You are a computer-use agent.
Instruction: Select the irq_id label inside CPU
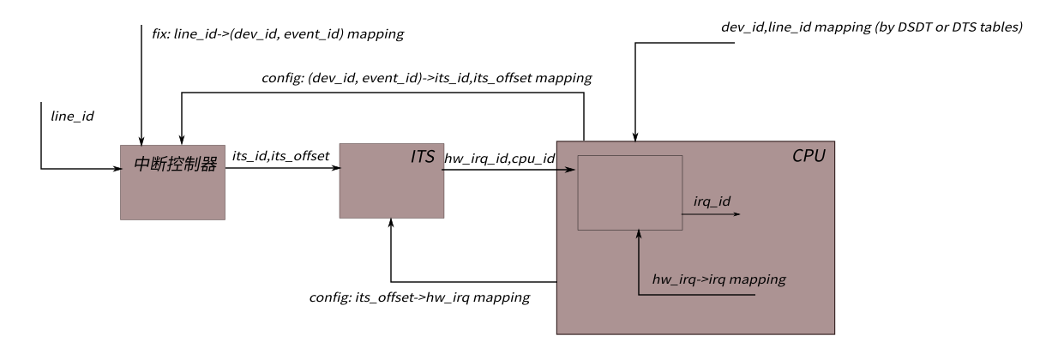pyautogui.click(x=712, y=202)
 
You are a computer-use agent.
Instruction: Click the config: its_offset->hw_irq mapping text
pyautogui.click(x=419, y=297)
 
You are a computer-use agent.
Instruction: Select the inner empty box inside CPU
pyautogui.click(x=629, y=192)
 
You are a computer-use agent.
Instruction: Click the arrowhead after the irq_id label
pyautogui.click(x=736, y=214)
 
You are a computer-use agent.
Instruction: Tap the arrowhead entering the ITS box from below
pyautogui.click(x=391, y=222)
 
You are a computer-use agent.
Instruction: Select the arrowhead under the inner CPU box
pyautogui.click(x=640, y=234)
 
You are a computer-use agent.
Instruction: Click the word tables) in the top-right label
pyautogui.click(x=999, y=27)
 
